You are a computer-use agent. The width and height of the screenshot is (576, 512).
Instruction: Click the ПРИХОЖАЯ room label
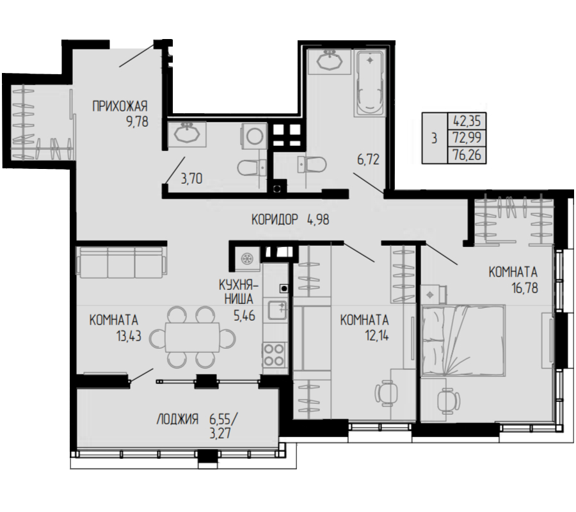coord(120,106)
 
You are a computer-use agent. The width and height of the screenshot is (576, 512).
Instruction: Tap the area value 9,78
coord(137,122)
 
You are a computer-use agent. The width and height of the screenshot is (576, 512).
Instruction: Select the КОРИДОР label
coord(275,220)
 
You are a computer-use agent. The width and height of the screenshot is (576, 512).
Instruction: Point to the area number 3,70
coord(191,179)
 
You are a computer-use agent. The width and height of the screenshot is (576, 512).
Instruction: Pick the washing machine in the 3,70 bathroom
coord(254,136)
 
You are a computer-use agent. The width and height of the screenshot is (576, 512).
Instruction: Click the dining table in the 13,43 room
coord(192,337)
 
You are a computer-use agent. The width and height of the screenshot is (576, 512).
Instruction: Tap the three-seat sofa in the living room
coord(121,262)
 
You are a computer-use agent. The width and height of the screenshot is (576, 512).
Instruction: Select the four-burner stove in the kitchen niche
coord(274,355)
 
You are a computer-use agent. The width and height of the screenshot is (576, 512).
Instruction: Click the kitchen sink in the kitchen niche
coord(276,310)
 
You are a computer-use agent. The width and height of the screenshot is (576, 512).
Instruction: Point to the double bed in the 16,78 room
coord(463,340)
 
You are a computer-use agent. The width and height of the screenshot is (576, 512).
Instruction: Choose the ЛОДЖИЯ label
coord(177,419)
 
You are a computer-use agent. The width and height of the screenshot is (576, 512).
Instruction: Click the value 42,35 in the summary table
coord(467,121)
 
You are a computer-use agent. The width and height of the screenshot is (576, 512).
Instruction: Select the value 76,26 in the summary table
coord(467,155)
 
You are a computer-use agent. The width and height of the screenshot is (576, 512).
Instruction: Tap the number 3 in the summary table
coord(434,138)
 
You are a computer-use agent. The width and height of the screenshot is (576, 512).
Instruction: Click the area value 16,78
coord(525,287)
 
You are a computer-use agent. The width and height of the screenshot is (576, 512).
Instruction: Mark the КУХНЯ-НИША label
coord(239,292)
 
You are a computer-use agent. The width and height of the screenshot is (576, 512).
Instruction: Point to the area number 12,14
coord(376,335)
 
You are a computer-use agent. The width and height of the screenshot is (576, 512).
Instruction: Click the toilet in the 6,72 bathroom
coord(312,164)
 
